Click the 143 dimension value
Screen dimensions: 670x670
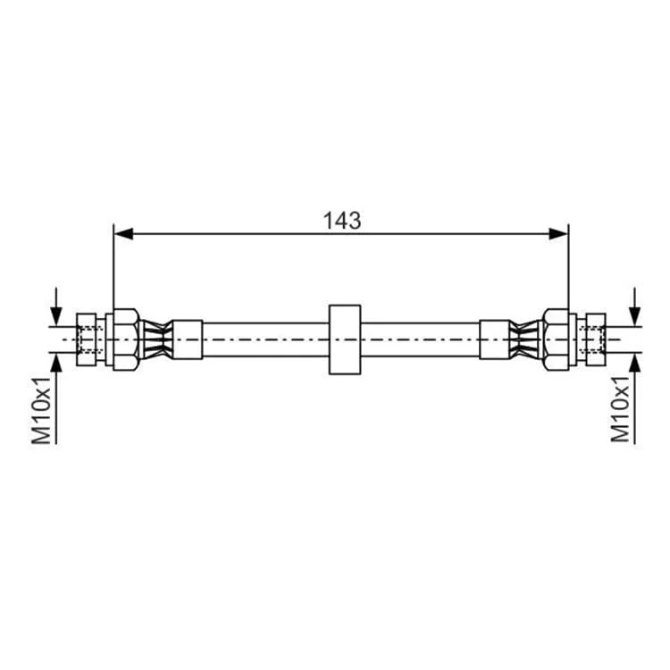342,221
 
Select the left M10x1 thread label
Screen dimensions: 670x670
41,410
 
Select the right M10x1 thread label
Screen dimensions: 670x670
620,409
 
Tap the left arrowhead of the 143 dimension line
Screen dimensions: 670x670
124,234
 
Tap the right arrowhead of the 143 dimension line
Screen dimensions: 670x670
558,234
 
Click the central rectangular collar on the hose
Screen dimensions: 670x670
345,339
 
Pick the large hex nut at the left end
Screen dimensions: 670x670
126,339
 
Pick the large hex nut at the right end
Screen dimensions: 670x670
556,339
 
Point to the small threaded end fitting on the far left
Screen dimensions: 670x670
87,339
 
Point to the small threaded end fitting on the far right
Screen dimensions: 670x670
596,339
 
